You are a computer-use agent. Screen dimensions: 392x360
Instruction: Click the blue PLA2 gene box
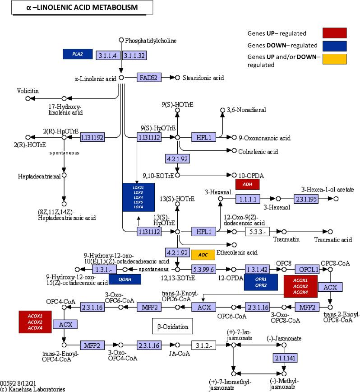(78, 54)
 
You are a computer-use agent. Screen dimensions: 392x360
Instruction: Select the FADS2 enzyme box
(149, 78)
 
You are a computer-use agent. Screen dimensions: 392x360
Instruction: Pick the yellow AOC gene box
(203, 255)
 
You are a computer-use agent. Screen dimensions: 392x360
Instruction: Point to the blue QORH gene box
(125, 280)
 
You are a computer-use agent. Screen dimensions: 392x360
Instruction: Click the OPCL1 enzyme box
(307, 269)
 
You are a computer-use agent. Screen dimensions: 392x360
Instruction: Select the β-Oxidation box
(173, 326)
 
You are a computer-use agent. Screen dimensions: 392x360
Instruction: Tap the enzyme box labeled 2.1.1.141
(284, 358)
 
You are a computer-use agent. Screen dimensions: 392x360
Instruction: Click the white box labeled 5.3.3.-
(257, 232)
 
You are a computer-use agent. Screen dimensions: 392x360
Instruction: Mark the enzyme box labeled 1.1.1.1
(248, 199)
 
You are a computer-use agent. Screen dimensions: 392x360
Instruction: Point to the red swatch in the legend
(334, 33)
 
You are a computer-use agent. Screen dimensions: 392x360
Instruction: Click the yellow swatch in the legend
(334, 59)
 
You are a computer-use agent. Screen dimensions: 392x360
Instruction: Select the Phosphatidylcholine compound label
(151, 41)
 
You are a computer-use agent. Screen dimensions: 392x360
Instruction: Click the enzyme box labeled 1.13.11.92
(92, 137)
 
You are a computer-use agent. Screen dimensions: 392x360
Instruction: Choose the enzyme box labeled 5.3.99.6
(203, 269)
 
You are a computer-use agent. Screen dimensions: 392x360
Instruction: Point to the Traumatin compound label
(286, 239)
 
